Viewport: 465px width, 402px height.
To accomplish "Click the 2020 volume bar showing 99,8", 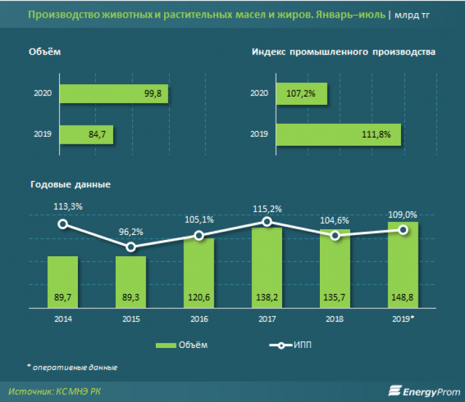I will click(x=113, y=94).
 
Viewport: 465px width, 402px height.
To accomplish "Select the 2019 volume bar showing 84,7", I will click(x=86, y=133).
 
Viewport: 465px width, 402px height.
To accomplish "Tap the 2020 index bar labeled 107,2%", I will click(x=300, y=94).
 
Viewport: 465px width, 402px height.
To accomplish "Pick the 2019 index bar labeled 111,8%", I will click(x=337, y=133).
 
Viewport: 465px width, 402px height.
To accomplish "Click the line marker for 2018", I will click(x=336, y=236).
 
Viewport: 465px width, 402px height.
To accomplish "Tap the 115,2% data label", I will click(x=267, y=209).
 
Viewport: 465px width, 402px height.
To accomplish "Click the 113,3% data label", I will click(x=62, y=205).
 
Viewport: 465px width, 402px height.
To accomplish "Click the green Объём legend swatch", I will click(x=166, y=345).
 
